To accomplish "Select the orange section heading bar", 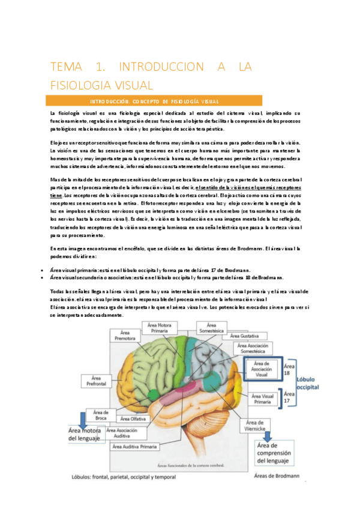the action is (154, 101).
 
